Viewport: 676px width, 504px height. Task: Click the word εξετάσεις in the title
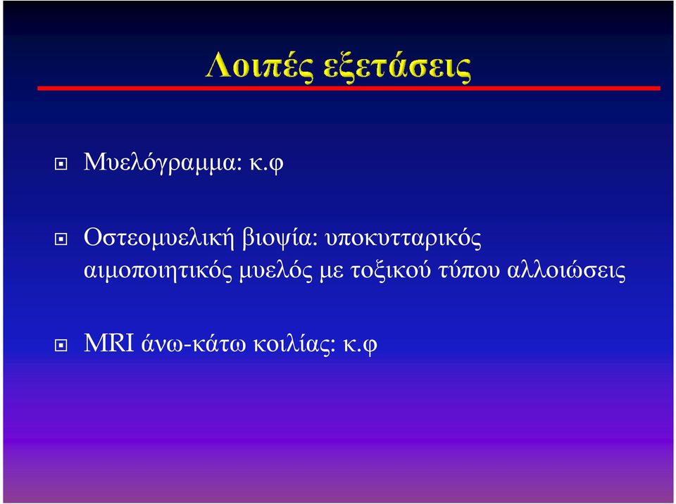397,68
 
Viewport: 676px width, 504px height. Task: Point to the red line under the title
349,89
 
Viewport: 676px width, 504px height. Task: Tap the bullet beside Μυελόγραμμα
61,164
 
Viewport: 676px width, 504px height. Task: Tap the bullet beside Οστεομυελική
61,239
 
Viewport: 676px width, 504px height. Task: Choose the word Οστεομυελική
158,237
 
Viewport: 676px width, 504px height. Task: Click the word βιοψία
280,238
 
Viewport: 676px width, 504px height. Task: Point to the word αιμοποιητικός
158,271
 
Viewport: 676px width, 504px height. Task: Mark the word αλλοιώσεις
566,271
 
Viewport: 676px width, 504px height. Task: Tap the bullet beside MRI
61,345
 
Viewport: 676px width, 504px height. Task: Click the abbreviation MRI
109,344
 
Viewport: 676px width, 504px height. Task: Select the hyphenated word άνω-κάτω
194,344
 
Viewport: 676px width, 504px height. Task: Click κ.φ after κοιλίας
360,345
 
